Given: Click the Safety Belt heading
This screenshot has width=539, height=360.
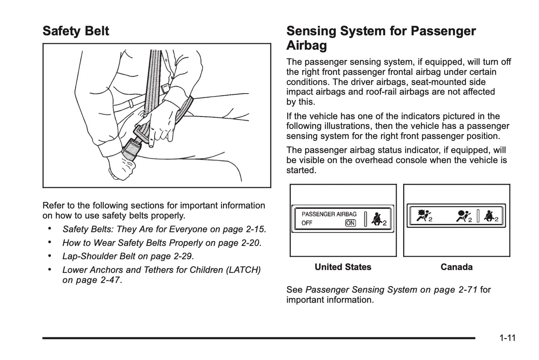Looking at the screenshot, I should click(x=76, y=31).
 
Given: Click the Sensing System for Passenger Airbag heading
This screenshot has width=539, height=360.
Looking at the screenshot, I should click(x=380, y=38).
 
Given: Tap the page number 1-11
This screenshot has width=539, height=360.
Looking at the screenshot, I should click(x=507, y=338).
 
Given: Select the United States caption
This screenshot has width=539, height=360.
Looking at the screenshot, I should click(x=343, y=267).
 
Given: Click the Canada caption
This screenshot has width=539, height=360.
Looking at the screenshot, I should click(x=456, y=267).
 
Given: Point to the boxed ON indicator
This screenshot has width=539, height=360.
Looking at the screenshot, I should click(x=350, y=223).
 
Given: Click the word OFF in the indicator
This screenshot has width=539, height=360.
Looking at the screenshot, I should click(x=307, y=223).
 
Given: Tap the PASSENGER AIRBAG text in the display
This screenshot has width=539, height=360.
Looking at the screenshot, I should click(x=329, y=214).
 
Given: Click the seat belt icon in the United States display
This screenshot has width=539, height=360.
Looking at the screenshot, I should click(x=377, y=219).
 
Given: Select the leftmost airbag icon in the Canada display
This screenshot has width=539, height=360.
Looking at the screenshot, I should click(x=423, y=216).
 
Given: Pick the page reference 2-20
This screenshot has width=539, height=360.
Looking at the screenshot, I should click(x=250, y=243).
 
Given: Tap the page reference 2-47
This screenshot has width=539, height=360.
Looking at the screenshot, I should click(x=110, y=280).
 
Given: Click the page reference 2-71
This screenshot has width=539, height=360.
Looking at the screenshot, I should click(x=467, y=290).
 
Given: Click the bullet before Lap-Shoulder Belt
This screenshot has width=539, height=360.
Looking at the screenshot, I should click(x=50, y=256).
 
